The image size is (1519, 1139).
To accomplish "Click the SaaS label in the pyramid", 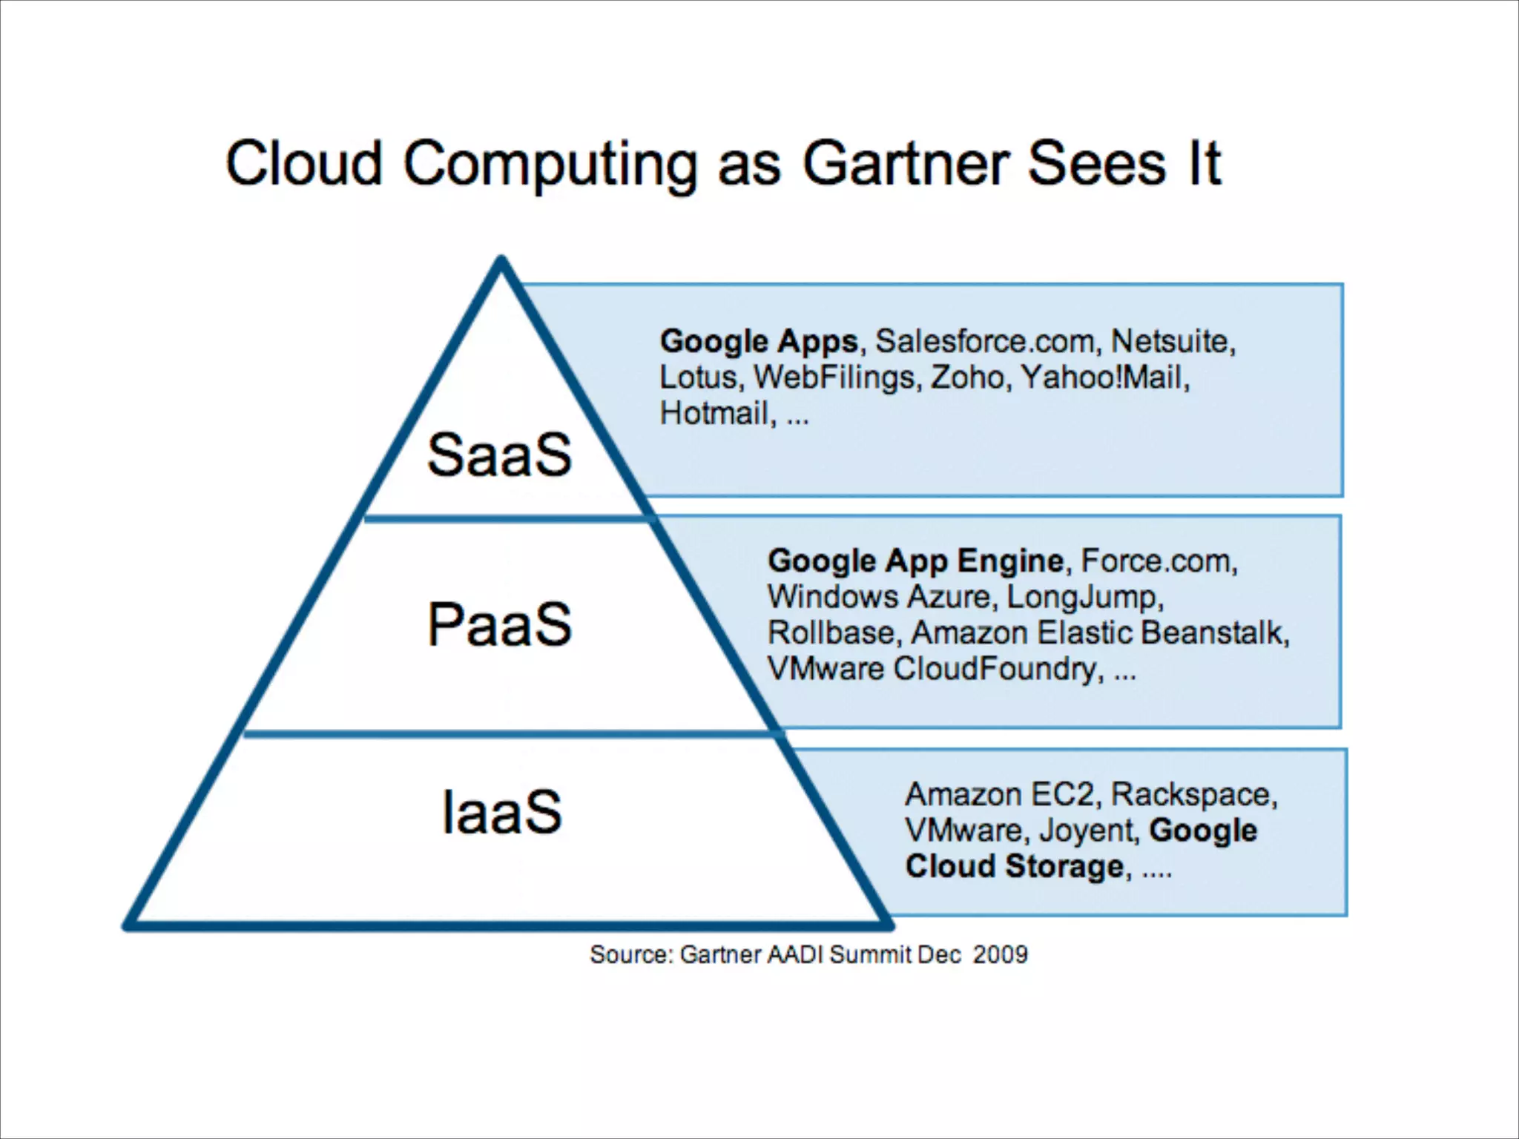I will [499, 455].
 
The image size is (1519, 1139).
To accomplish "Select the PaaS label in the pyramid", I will [499, 625].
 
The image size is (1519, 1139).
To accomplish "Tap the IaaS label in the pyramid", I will [501, 813].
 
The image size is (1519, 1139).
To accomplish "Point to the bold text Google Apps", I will [759, 342].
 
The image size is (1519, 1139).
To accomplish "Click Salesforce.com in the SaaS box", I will [984, 342].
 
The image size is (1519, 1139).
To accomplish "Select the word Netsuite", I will [1171, 342].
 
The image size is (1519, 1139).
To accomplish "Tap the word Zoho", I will [969, 377].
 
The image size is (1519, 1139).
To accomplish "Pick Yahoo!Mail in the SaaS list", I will [1103, 377].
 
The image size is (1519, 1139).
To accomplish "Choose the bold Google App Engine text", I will [915, 561].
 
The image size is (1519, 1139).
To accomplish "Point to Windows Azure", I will [879, 597].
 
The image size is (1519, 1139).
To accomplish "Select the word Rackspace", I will [1192, 794].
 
